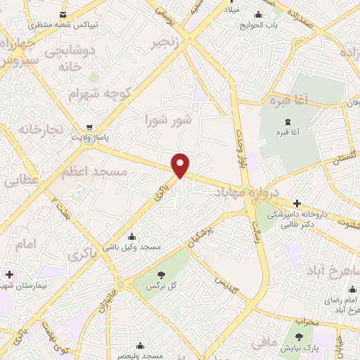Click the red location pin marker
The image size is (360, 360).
click(x=181, y=164)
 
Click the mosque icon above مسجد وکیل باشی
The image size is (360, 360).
click(x=131, y=237)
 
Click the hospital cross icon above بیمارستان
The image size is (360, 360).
click(x=8, y=274)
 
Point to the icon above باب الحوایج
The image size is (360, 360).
click(x=259, y=16)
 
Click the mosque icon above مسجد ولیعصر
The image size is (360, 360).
click(x=141, y=345)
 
